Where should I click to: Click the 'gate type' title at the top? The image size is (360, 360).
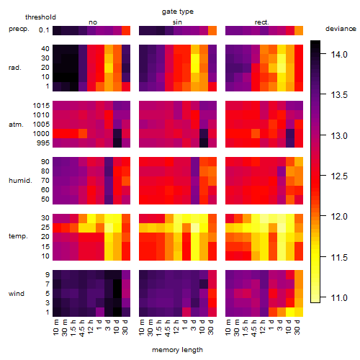point(178,12)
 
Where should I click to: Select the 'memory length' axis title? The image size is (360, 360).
point(178,350)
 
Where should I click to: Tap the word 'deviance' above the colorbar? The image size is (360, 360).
point(341,29)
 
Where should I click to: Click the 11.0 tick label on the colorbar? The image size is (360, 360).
point(339,298)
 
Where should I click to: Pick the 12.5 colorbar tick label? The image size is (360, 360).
point(339,176)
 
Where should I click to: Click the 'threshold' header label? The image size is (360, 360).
point(40,17)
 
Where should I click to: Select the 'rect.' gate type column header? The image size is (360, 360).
point(262,22)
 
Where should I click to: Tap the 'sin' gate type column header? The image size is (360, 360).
point(177,22)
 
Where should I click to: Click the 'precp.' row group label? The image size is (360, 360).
point(19,30)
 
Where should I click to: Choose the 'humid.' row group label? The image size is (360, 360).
point(20,181)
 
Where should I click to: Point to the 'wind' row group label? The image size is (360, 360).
point(17,294)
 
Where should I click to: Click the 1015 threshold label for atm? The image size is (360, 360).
point(41,105)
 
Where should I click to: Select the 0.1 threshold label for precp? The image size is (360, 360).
point(44,30)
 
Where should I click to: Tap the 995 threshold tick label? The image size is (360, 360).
point(43,143)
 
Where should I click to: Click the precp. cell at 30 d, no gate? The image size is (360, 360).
point(126,30)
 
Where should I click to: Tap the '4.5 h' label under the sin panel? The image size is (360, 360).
point(168,328)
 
